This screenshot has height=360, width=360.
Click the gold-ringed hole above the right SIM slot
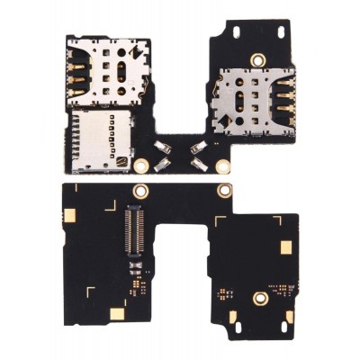coord(258,60)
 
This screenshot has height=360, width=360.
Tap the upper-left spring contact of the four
coord(163,147)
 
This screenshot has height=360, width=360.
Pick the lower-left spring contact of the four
coord(163,165)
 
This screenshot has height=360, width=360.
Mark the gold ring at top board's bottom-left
coord(141,166)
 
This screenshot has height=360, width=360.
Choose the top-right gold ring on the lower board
coord(222,191)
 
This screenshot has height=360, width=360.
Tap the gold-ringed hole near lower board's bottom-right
coord(259,298)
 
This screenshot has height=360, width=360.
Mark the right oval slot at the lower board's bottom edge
coord(289,316)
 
